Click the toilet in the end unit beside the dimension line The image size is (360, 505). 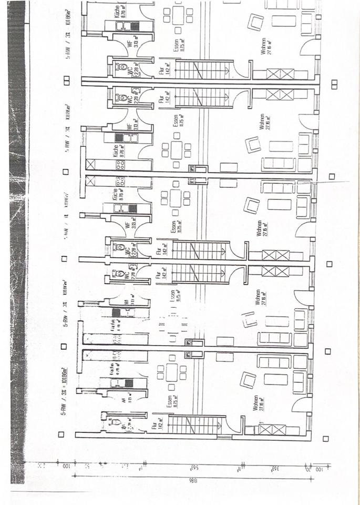pos(118,422)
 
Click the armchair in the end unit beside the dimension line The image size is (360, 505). pos(247,379)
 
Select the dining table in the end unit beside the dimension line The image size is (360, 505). pos(172,372)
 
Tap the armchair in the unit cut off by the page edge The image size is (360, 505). pos(255,22)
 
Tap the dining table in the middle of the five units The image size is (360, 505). pos(175,198)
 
